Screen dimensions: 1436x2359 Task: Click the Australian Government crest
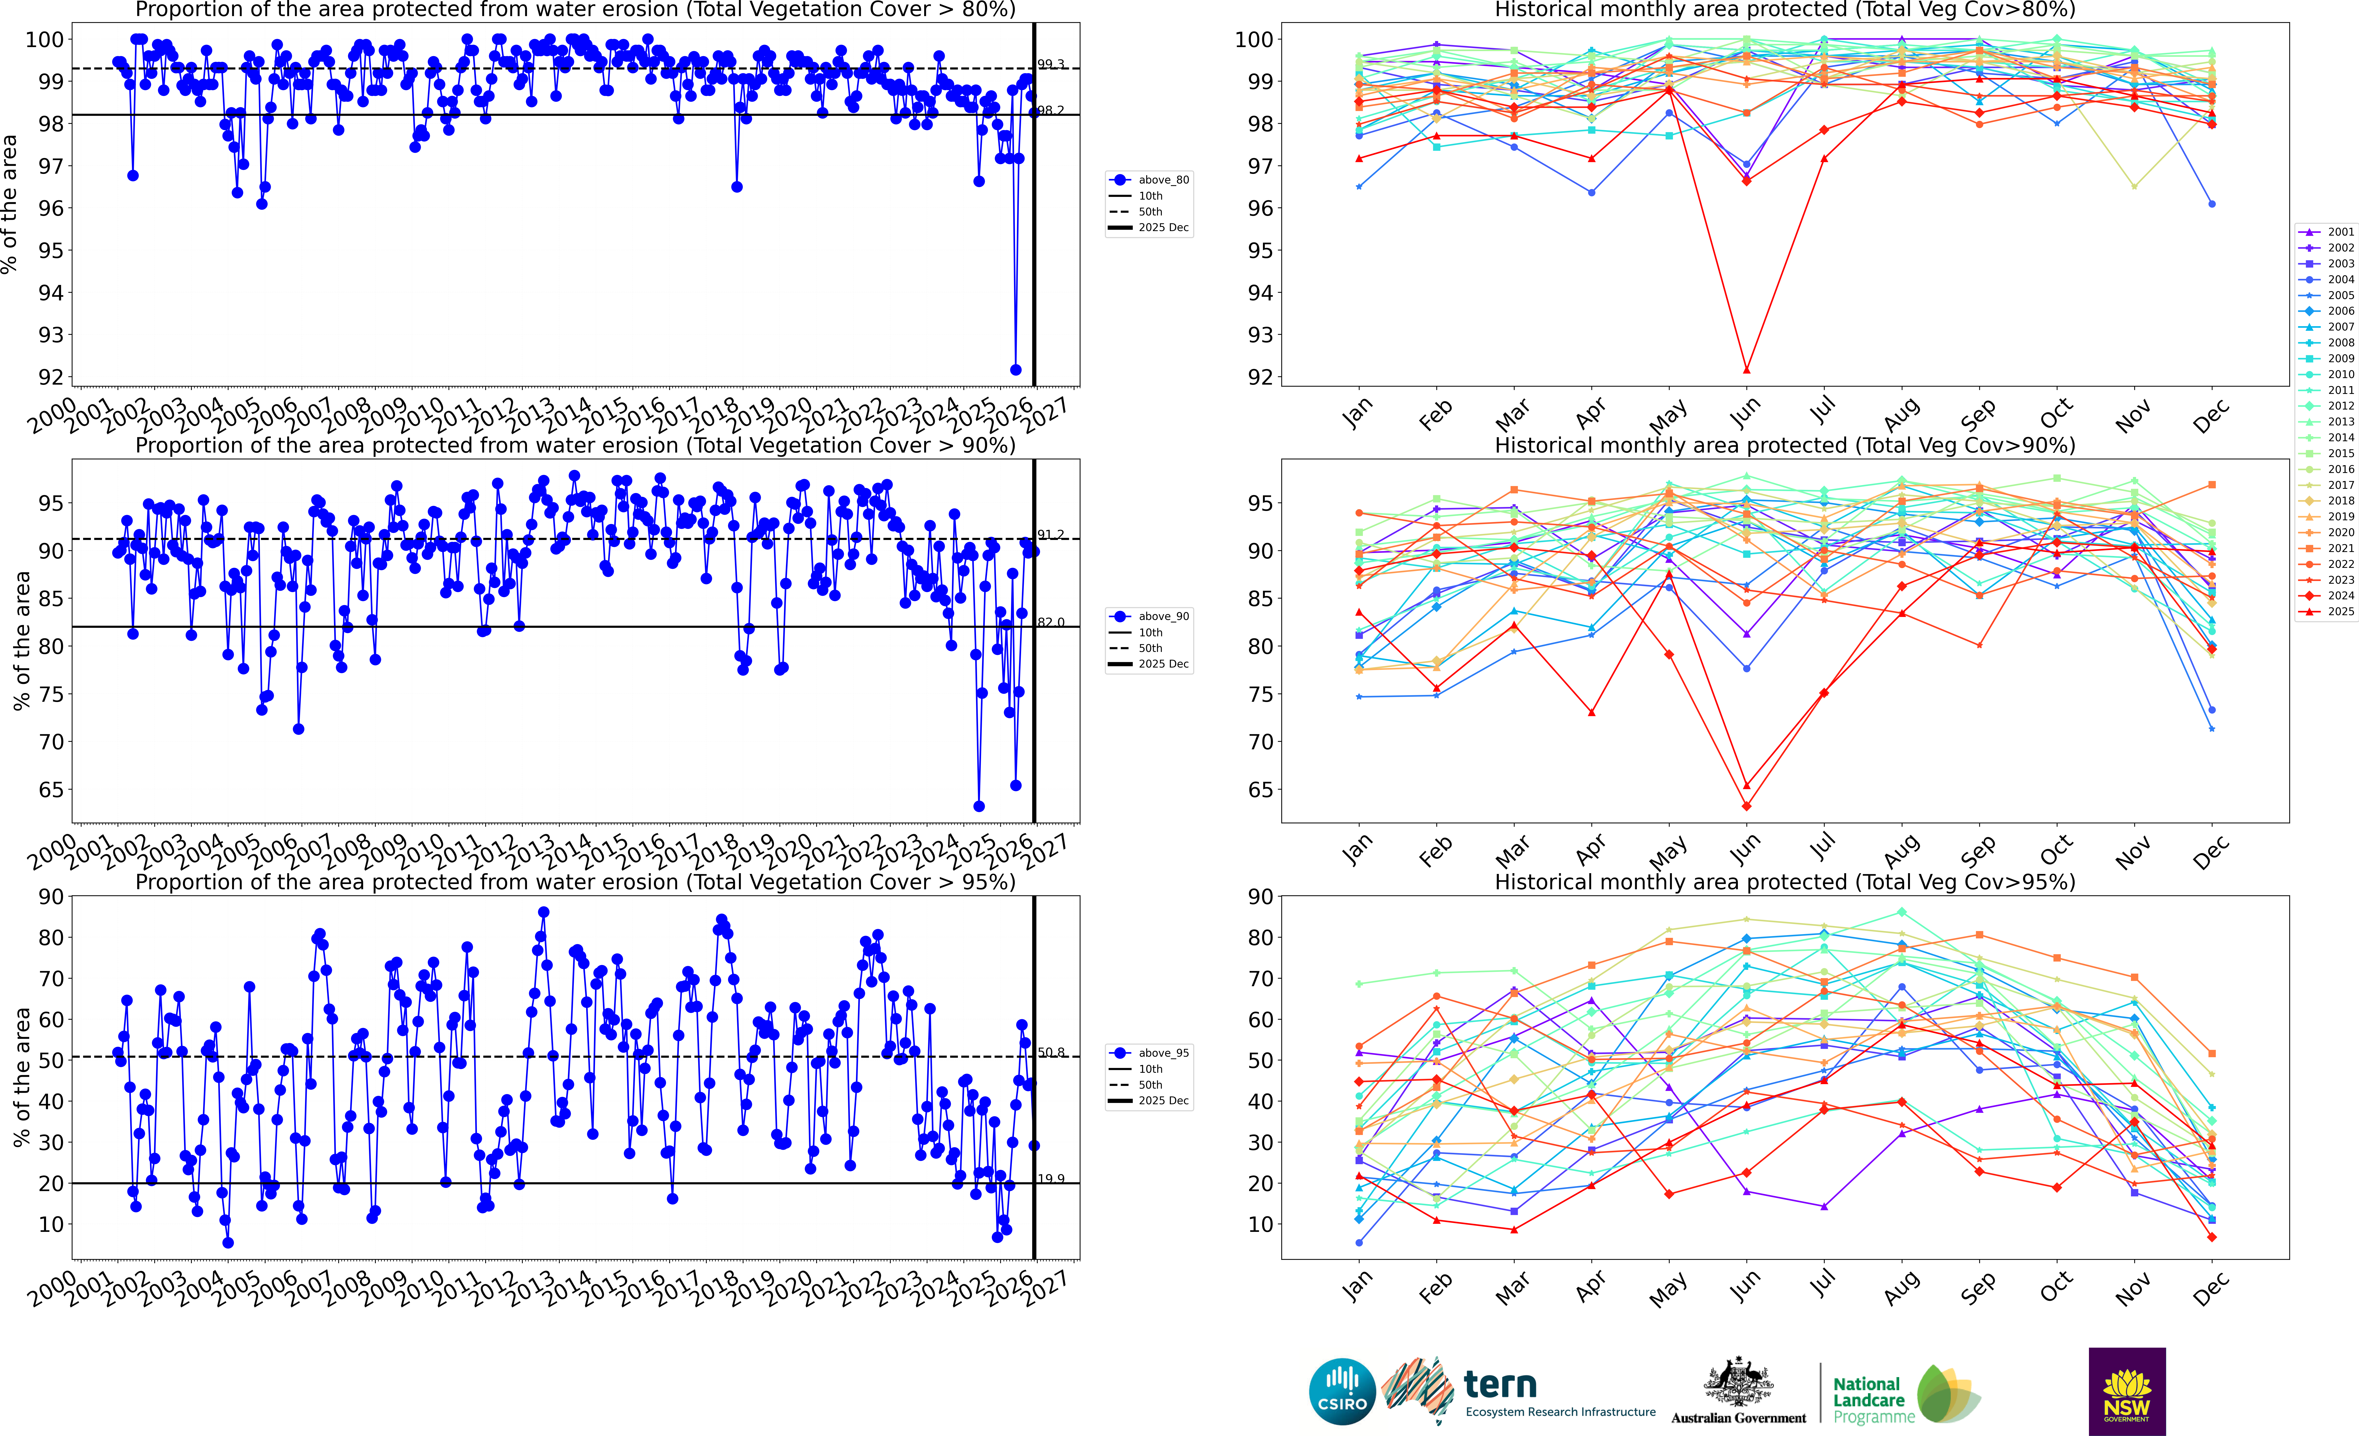click(x=1738, y=1383)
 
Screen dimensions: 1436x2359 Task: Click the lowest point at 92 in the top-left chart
click(x=1016, y=370)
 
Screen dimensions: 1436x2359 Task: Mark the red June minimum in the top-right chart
click(x=1746, y=370)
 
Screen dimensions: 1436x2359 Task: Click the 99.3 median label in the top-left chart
click(x=1050, y=64)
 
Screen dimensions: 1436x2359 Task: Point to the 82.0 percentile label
click(x=1050, y=622)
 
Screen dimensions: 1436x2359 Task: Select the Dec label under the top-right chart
click(x=2211, y=415)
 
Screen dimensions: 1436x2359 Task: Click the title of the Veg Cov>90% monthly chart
click(x=1785, y=445)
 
